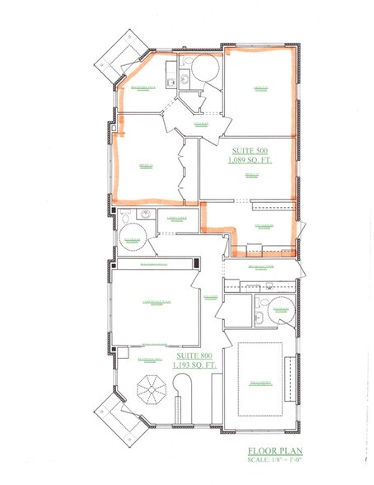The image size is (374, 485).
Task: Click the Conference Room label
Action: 157,303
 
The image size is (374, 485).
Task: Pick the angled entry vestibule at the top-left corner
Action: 121,58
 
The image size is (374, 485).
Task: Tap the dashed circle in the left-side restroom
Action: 132,237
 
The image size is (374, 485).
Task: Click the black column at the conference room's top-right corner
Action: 197,263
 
